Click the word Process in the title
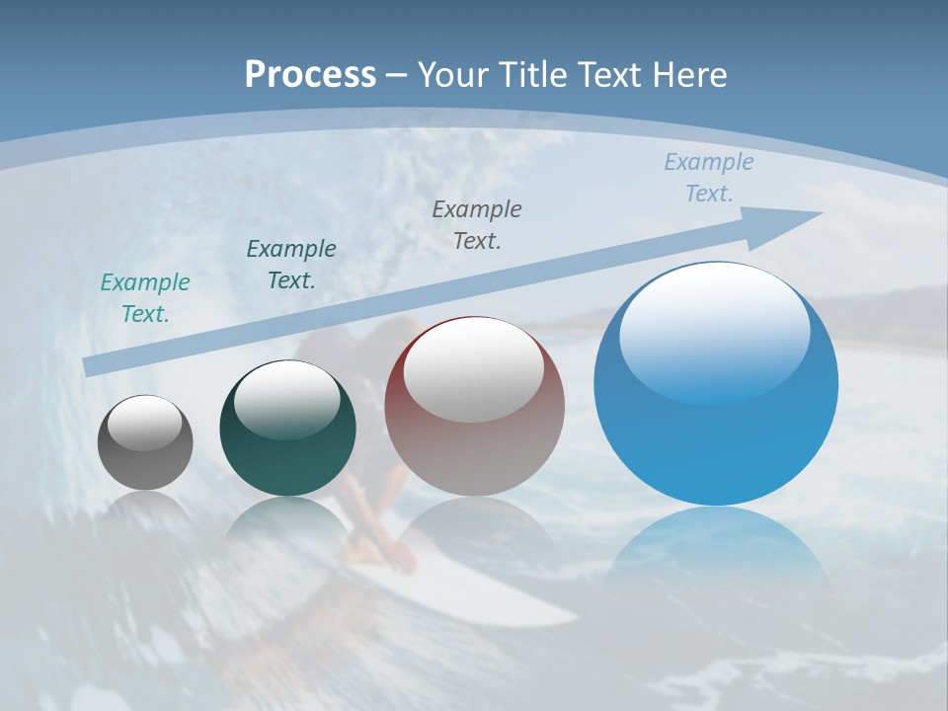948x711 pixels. [x=310, y=74]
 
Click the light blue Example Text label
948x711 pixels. [x=708, y=178]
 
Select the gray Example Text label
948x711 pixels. [x=477, y=224]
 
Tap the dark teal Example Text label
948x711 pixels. [x=291, y=265]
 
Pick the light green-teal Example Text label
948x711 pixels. [x=145, y=297]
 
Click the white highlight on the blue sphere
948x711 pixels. [x=714, y=331]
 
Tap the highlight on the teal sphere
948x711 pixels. [x=286, y=400]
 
